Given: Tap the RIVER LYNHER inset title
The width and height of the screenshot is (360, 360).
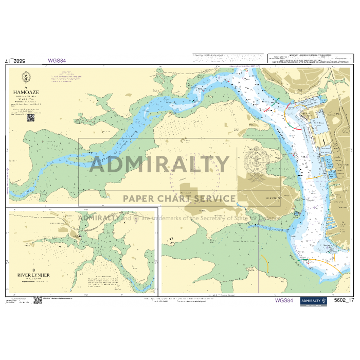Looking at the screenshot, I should coord(33,276).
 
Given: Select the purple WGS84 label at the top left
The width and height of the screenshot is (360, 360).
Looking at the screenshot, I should coord(57,60).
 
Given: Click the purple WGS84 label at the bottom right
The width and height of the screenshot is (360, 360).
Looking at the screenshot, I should coord(284,300).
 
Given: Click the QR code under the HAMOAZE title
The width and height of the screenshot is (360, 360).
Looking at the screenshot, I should coord(30,117).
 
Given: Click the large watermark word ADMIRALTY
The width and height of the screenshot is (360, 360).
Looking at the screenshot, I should coord(159,165).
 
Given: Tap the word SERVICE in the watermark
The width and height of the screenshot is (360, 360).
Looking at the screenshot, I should coord(211,199).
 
